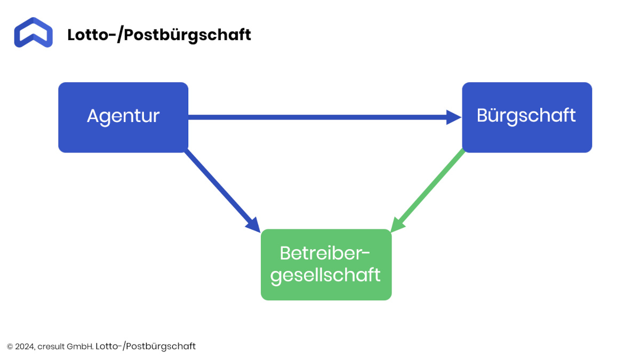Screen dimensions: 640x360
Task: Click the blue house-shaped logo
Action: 34,33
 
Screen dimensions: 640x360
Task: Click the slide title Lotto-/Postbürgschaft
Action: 159,35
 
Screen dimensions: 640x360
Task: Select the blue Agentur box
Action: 123,117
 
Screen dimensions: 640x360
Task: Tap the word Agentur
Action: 123,117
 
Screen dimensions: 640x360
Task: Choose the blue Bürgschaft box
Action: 527,117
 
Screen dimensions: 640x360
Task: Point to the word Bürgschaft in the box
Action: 526,116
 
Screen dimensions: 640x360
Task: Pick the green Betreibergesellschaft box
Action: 326,265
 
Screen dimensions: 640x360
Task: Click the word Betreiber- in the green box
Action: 325,253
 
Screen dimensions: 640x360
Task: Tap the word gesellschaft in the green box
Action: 325,275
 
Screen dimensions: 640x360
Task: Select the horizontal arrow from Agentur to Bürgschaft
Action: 325,117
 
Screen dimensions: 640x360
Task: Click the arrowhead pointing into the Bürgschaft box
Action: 454,117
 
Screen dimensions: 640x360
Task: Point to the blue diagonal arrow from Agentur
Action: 222,191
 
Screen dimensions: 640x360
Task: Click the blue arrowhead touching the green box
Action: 254,226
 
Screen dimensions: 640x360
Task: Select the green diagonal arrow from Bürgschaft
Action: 428,190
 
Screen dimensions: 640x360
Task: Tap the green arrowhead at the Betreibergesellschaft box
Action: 397,225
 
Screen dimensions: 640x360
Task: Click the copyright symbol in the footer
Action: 10,347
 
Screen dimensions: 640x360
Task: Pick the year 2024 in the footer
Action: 25,347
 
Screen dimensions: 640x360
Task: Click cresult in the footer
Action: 51,347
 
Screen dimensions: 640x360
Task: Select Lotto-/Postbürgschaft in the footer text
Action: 146,346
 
